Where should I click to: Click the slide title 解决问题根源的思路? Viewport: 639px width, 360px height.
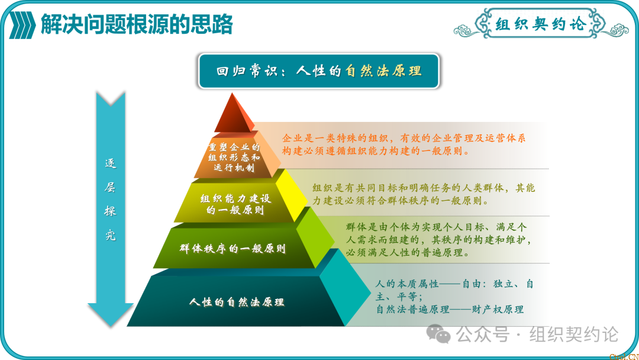coord(137,24)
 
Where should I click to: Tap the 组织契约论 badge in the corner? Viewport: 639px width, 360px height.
coord(540,25)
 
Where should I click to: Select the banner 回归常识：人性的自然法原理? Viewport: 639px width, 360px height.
coord(319,71)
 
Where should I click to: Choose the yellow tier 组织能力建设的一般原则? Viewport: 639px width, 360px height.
coord(235,204)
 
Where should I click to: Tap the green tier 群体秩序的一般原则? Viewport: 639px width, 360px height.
coord(233,248)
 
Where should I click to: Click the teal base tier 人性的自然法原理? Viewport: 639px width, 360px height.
coord(237,302)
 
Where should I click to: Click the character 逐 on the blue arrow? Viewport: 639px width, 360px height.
coord(110,163)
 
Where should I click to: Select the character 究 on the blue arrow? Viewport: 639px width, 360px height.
coord(110,235)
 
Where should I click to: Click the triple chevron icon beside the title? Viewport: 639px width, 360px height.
coord(22,25)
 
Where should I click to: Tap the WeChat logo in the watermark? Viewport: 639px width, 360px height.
coord(440,334)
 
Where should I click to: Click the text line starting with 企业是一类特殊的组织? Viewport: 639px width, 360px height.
coord(404,138)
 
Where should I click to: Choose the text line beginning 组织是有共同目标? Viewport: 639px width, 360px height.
coord(424,188)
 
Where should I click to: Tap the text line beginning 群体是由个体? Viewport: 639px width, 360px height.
coord(437,227)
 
